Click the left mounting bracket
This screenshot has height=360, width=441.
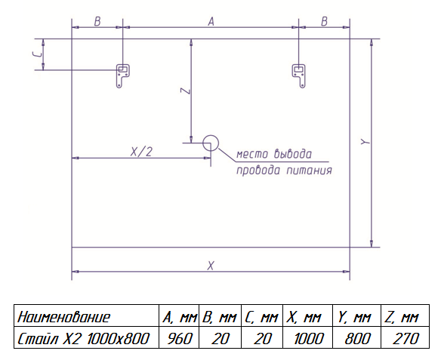point(122,75)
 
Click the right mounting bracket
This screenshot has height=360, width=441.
point(298,75)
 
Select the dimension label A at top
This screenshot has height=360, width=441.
point(211,22)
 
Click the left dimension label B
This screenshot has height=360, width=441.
point(97,22)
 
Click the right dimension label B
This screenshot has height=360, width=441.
point(324,22)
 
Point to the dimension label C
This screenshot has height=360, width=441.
point(35,55)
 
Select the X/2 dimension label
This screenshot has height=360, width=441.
point(140,151)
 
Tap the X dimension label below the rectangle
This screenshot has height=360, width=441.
point(211,265)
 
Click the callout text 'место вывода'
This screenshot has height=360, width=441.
point(273,154)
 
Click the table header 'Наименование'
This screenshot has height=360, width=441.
point(63,316)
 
